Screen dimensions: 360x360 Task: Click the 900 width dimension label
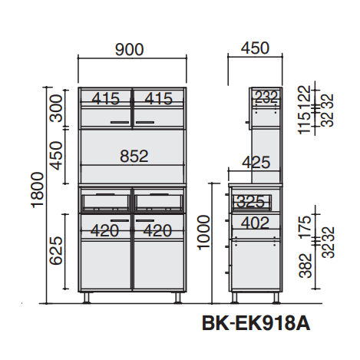[129, 50]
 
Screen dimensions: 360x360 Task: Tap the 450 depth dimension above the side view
[255, 48]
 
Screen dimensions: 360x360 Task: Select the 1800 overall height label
[38, 190]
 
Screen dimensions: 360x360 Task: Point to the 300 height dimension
[56, 108]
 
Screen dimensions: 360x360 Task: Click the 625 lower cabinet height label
[56, 250]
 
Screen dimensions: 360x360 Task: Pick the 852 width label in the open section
[134, 156]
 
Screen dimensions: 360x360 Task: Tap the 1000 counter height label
[203, 233]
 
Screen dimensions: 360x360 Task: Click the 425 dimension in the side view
[256, 162]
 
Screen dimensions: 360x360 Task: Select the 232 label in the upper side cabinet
[266, 97]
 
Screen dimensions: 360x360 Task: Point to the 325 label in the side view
[250, 202]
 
